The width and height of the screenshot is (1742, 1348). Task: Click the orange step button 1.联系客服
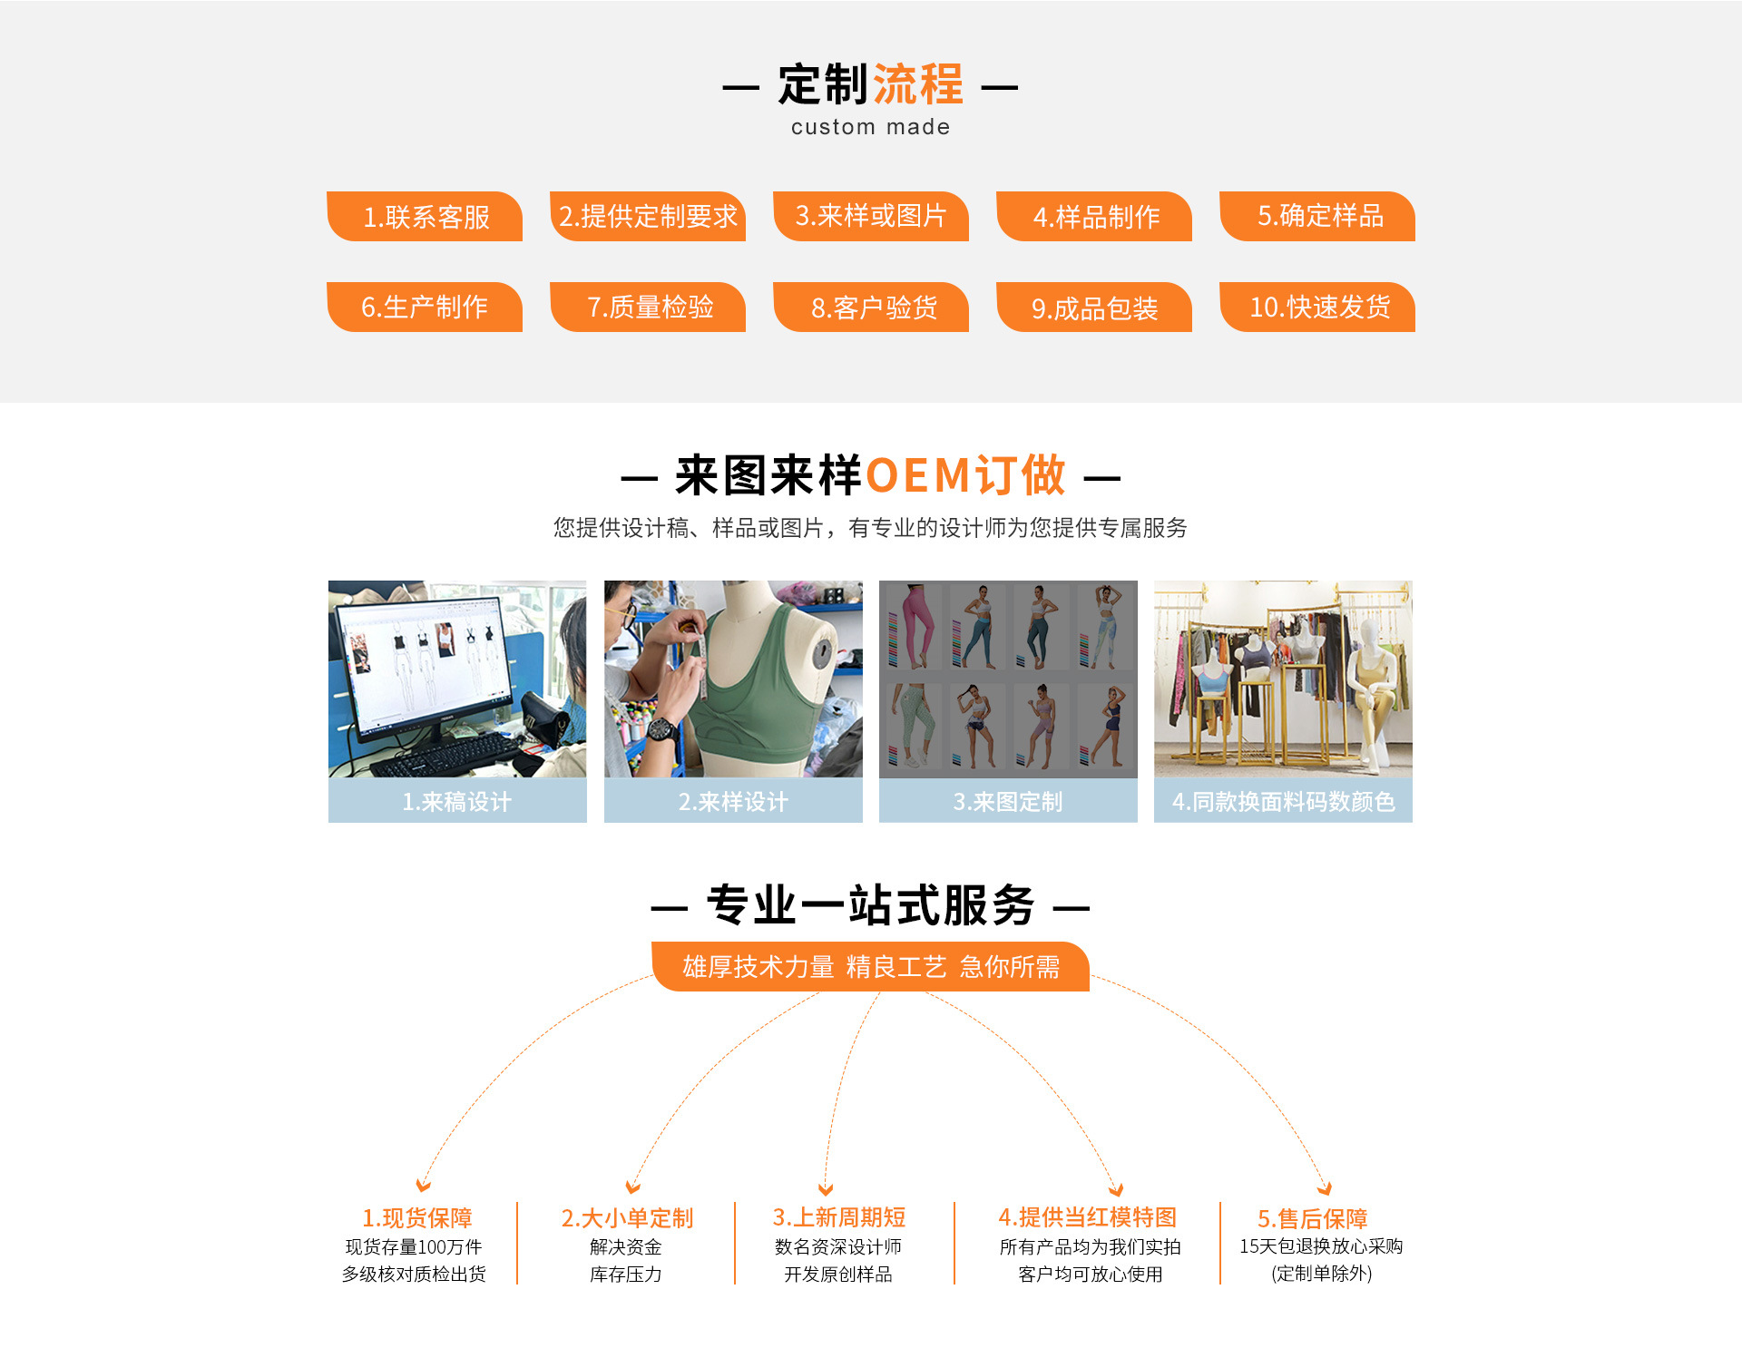(425, 217)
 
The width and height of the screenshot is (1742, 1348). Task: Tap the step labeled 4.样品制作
(1094, 217)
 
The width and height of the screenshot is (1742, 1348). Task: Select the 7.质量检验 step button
(649, 308)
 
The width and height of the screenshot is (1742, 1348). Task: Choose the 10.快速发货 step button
(1318, 308)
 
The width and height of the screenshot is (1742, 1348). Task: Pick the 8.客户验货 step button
(872, 308)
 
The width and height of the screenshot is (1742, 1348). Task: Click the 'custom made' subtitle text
(870, 127)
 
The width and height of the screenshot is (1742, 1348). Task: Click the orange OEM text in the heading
(918, 475)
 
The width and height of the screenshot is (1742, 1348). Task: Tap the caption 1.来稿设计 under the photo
(457, 801)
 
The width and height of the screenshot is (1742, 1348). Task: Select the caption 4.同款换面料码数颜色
(1283, 801)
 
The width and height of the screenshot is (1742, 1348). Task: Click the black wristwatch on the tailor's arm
(661, 728)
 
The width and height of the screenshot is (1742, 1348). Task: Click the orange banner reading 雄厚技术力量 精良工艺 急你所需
(870, 967)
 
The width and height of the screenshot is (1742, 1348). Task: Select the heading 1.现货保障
(417, 1217)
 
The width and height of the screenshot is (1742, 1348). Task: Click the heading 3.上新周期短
(839, 1217)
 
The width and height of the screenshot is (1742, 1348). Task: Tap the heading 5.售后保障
(1312, 1218)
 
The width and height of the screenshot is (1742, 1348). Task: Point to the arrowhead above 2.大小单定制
(632, 1187)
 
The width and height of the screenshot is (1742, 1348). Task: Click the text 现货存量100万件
(414, 1247)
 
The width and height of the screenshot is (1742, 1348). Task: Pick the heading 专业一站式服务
(870, 905)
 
